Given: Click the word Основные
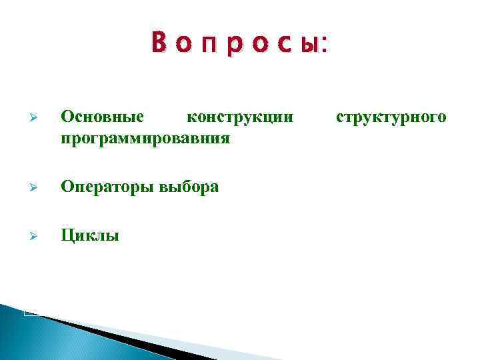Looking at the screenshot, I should coord(102,117).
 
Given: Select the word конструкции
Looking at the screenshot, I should coord(239,117).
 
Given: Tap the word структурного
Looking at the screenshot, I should coord(391,118).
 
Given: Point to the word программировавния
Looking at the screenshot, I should coord(145,139).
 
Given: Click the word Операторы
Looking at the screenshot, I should coord(107,187).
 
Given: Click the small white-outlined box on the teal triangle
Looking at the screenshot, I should coord(31,311).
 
